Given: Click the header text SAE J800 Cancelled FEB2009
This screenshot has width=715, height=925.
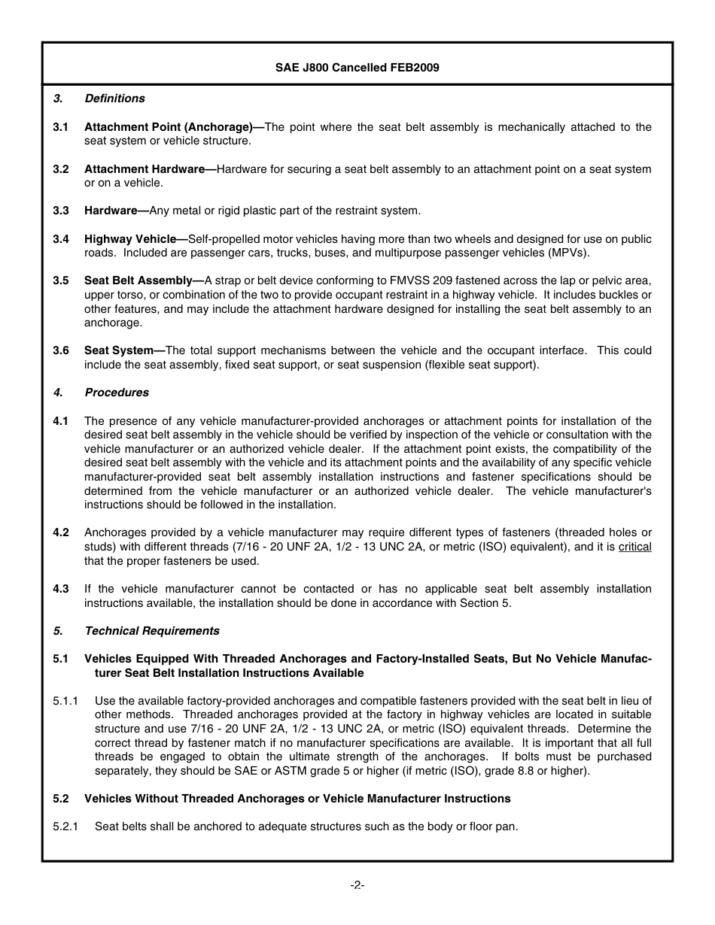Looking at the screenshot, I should pos(357,68).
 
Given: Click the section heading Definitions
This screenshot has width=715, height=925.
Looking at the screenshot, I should pos(114,99).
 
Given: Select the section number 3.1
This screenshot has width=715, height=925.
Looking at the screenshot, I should pos(61,127).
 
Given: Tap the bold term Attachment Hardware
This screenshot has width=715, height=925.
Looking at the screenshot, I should pos(144,169).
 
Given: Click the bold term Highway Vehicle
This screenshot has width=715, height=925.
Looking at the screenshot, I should pos(129,239).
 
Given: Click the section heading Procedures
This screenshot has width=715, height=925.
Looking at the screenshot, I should pos(117,393).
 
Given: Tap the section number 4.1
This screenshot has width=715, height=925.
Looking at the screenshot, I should pos(61,421).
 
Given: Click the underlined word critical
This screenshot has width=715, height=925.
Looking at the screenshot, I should pos(634,547).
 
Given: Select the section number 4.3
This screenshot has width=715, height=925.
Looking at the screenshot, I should pos(61,589).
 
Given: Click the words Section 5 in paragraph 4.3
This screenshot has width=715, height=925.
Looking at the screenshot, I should pos(490,603).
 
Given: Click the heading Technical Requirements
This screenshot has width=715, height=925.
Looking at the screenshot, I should pos(152,631).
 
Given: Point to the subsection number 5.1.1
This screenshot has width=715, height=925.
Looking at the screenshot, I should pos(65,701).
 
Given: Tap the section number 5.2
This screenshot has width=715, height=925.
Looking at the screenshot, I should pos(61,799).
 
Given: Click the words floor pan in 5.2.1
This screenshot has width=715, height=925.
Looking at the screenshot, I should pos(493,826).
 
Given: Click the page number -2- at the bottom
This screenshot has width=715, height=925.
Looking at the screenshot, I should pos(357,886).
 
